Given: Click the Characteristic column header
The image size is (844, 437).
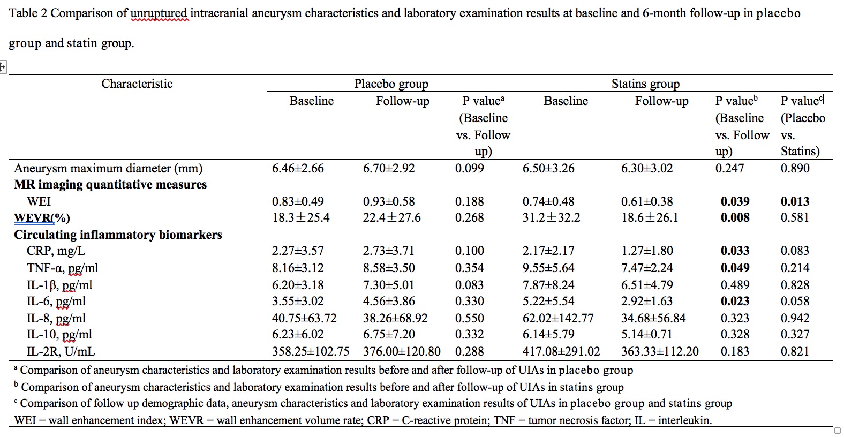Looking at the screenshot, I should coord(137,84).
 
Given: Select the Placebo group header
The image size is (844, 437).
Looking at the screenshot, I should coord(391,84).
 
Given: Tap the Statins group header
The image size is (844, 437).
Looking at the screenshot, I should coord(645,84).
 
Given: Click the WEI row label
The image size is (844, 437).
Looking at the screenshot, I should coord(39,201).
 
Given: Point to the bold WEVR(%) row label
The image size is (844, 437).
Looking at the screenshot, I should coord(42,218).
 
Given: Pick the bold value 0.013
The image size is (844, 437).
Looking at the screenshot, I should coord(795,201).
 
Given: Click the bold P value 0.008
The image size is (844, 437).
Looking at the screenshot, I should coord(735,218).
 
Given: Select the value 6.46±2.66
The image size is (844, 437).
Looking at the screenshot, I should coord(298,168).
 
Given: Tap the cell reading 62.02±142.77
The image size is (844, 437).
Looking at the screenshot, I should coord(558,318).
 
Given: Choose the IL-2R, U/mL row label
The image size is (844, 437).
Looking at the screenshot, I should coord(61,351).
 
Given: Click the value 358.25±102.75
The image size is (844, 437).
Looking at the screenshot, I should coord(311,351).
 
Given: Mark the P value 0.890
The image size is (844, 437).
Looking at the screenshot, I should coord(795,168).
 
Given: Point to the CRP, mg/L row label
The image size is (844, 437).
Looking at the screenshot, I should coord(56,251).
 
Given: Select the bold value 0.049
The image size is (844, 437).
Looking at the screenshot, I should coord(735,268).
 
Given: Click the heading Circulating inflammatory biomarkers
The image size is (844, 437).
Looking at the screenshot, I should coord(118,235).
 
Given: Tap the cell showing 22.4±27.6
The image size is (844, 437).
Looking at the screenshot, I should coord(391,218).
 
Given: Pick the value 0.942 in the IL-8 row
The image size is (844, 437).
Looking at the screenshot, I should coord(795,318).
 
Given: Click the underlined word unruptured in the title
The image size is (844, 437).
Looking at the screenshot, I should coord(160,13).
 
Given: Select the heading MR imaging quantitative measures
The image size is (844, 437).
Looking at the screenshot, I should coord(110,185).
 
